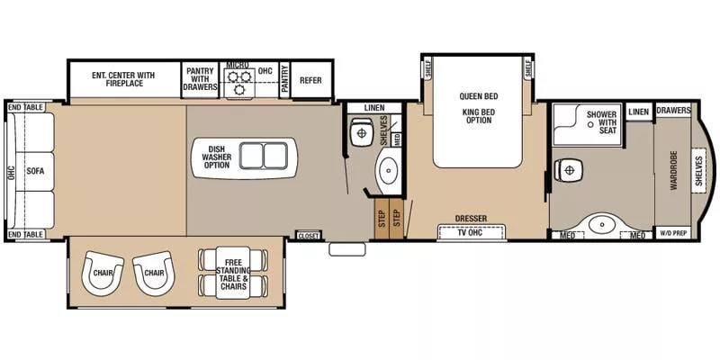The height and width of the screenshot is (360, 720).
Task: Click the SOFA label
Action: pyautogui.click(x=35, y=170)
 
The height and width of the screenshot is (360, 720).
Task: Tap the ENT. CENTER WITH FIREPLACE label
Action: pyautogui.click(x=124, y=78)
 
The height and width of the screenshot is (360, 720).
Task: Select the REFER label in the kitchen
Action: pyautogui.click(x=310, y=79)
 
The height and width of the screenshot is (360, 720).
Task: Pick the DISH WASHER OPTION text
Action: pyautogui.click(x=216, y=156)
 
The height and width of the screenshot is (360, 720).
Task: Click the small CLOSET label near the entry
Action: pyautogui.click(x=308, y=235)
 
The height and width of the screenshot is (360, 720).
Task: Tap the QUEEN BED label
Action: pyautogui.click(x=480, y=96)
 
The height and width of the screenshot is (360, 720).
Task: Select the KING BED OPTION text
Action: pyautogui.click(x=479, y=116)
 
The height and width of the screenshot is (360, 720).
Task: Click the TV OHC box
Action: pyautogui.click(x=472, y=232)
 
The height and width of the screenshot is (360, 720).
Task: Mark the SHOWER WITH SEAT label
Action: pyautogui.click(x=602, y=121)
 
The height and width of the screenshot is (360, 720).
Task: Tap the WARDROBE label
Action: pyautogui.click(x=673, y=172)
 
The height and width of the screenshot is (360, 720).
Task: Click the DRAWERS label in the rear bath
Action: pyautogui.click(x=673, y=111)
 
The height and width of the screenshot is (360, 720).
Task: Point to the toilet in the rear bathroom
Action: pyautogui.click(x=570, y=169)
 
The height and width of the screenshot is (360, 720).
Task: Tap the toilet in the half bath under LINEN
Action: pyautogui.click(x=360, y=133)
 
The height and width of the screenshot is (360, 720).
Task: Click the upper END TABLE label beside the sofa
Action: pyautogui.click(x=26, y=107)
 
